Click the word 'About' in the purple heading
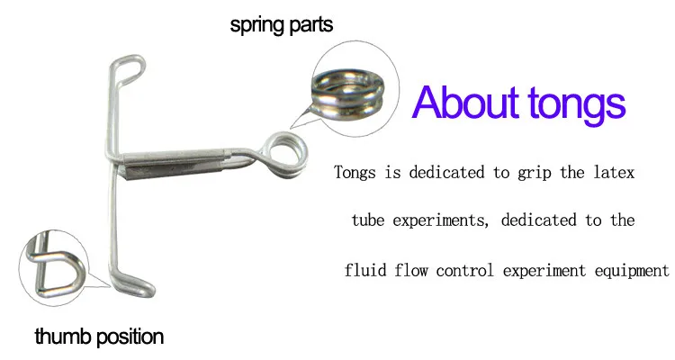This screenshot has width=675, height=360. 466,103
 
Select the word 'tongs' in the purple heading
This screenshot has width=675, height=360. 573,105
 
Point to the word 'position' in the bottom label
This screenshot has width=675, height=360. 130,337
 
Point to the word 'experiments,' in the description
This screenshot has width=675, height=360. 444,220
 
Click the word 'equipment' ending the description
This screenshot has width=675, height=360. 630,270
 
